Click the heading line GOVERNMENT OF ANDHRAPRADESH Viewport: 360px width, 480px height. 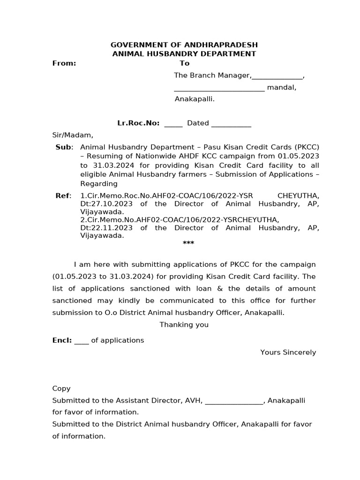184,45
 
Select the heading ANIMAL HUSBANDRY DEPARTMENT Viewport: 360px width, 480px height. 184,54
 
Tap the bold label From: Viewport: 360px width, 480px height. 64,63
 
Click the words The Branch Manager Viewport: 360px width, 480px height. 212,75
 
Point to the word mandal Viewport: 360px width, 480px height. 281,87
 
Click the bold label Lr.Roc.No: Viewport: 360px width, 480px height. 138,123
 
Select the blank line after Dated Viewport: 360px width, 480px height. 231,124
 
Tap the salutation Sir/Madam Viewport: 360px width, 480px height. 73,135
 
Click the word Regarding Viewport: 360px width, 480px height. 99,184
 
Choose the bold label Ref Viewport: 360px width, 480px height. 62,196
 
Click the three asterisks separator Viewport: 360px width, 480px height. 188,243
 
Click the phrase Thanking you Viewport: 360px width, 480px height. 184,325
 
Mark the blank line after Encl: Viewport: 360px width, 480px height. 82,341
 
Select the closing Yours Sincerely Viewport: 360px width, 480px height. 288,352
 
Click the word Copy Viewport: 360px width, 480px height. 61,389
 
